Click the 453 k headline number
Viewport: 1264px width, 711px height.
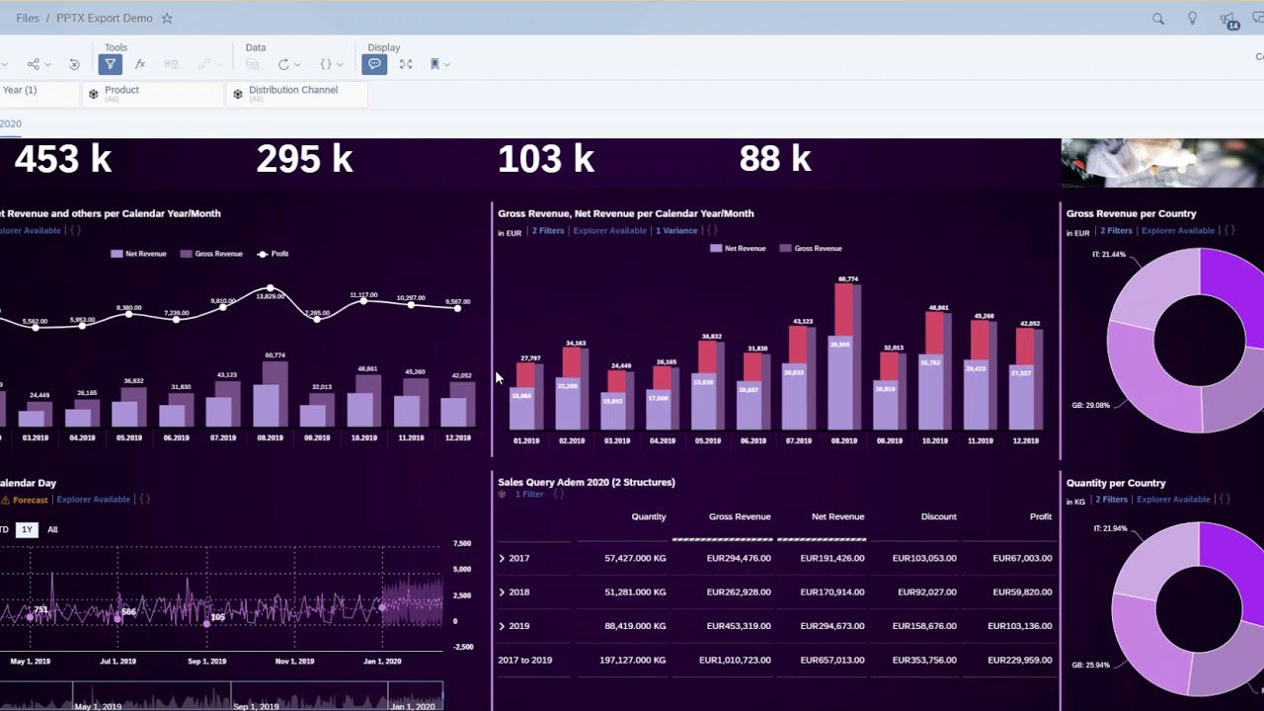[63, 159]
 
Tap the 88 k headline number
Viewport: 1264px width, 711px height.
[775, 159]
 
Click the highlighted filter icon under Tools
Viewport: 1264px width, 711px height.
[110, 64]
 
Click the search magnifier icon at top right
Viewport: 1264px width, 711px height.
[1158, 19]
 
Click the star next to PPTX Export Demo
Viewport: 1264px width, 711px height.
[167, 18]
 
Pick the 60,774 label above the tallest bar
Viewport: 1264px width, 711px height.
[847, 279]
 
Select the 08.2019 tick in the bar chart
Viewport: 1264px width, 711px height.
[843, 440]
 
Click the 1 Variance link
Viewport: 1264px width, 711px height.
[676, 231]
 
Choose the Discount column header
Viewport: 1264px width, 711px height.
[938, 516]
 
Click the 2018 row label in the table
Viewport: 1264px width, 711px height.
[518, 592]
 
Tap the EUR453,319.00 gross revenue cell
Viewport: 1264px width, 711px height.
[739, 626]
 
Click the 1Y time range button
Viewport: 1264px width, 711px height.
[27, 529]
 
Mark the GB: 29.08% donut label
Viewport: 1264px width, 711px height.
[1090, 405]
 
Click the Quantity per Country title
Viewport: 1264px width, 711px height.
[1116, 483]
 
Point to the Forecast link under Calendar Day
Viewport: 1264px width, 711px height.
[30, 500]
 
